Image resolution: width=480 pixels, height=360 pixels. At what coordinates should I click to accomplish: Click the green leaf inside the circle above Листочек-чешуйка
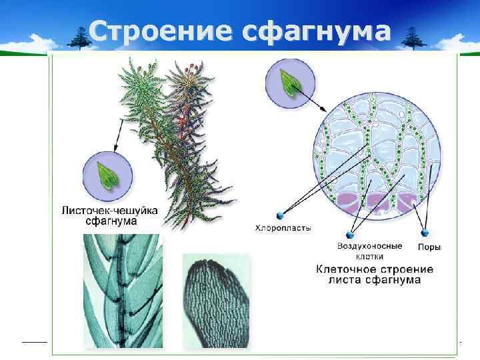click(107, 174)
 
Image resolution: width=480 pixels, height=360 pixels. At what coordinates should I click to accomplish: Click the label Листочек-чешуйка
click(109, 210)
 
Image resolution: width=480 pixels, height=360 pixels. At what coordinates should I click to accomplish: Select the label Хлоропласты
click(283, 228)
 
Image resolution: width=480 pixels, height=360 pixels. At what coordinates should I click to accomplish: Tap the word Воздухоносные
click(369, 246)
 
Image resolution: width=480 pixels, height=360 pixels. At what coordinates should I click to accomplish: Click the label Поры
click(429, 247)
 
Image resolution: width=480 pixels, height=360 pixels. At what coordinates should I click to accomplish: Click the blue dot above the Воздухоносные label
click(349, 235)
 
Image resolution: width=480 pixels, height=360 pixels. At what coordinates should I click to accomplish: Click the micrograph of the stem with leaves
click(122, 291)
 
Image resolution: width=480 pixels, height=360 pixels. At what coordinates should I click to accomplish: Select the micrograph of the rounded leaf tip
click(215, 299)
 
